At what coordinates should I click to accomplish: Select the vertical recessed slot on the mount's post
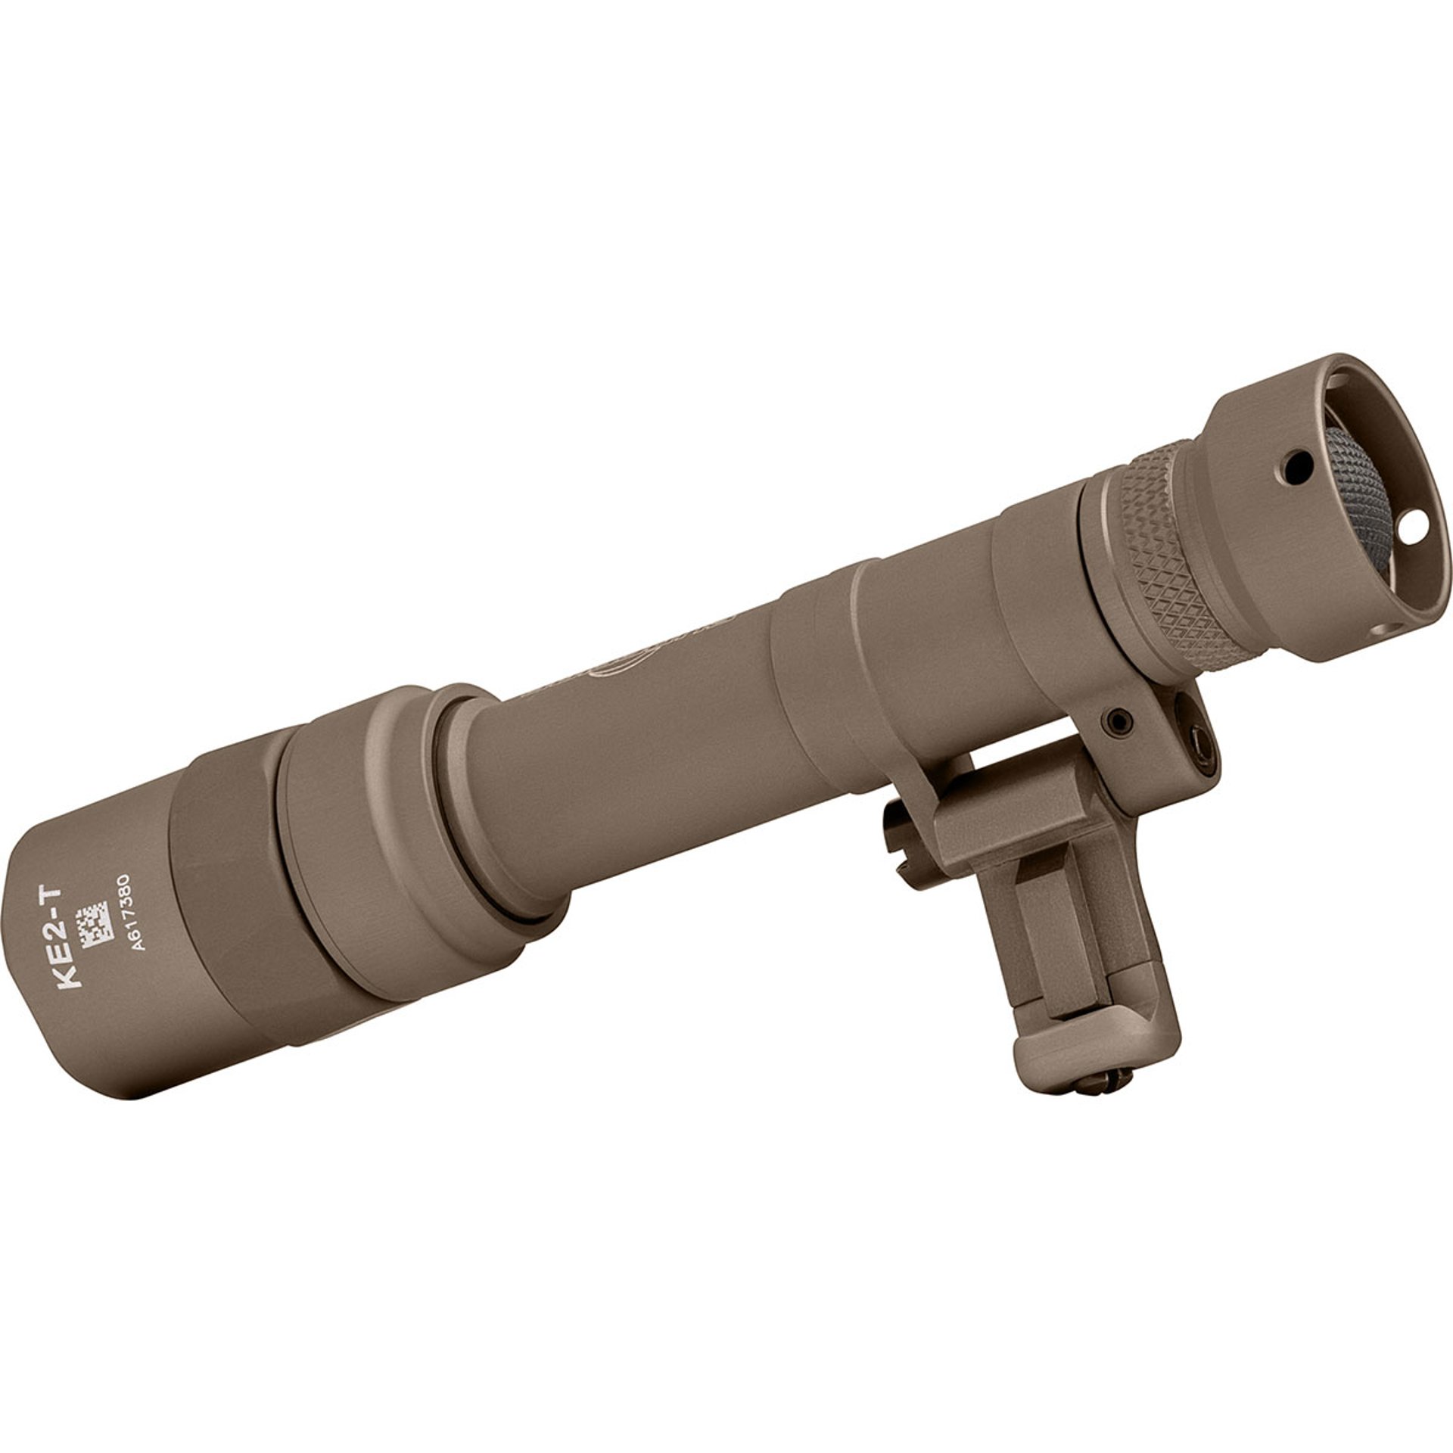pos(1037,946)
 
